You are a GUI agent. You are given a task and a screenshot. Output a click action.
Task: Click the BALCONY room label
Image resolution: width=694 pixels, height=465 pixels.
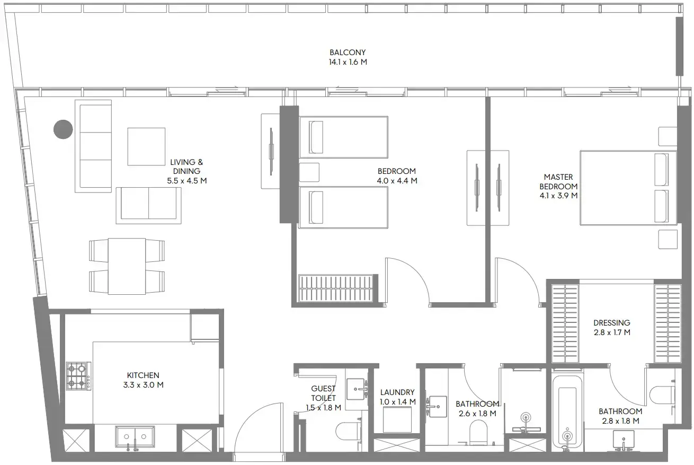click(x=348, y=52)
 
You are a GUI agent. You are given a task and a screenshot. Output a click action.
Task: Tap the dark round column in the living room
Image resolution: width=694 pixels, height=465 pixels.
click(x=63, y=129)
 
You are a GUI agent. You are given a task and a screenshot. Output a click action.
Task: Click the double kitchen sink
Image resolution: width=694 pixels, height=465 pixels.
click(x=135, y=437)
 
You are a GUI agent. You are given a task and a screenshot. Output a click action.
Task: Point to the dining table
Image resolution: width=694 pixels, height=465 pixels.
click(x=127, y=266)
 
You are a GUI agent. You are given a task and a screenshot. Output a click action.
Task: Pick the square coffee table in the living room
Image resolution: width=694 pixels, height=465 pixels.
click(x=146, y=146)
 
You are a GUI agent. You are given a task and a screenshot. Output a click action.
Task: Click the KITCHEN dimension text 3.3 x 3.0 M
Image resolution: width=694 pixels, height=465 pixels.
click(x=143, y=385)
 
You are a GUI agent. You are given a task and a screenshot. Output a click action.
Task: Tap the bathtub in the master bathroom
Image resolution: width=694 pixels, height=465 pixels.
click(x=567, y=412)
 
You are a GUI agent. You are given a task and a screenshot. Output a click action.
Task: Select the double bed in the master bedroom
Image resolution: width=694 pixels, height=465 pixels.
click(x=628, y=188)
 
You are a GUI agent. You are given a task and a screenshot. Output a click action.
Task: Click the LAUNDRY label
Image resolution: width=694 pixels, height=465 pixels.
click(x=397, y=392)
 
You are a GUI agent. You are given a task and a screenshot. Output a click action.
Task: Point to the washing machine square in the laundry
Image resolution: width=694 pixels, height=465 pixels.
click(x=397, y=419)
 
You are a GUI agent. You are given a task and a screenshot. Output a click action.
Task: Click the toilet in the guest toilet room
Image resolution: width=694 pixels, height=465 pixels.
click(x=349, y=431)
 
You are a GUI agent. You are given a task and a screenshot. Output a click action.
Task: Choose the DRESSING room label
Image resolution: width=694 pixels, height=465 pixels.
click(x=612, y=323)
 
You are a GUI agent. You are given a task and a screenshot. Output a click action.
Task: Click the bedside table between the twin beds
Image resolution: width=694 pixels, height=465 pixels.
click(x=309, y=172)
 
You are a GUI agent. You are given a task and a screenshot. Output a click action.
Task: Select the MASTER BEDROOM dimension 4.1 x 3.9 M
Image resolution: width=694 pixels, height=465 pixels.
click(x=558, y=196)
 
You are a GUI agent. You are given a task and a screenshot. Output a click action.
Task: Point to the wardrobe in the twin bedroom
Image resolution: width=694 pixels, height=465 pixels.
click(x=336, y=288)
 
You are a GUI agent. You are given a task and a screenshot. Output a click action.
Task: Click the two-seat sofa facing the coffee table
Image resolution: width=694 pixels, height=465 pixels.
click(x=149, y=205)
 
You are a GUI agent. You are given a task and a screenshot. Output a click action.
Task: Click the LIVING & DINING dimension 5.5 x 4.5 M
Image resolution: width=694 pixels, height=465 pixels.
click(x=187, y=181)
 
